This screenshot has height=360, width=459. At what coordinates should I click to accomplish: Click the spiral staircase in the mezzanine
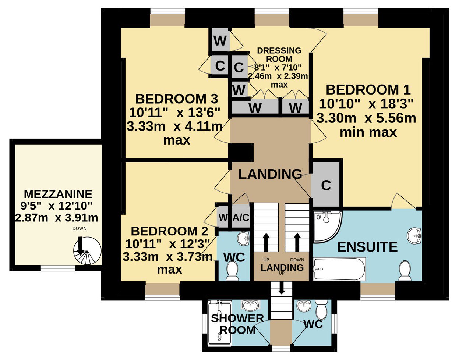point(87,251)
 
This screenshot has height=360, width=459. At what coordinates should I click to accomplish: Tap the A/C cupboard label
point(241,218)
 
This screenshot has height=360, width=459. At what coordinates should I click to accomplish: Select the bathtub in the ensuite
point(339,269)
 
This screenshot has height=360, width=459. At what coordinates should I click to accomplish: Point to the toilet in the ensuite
point(405,271)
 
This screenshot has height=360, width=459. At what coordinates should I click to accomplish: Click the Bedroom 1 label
point(368,90)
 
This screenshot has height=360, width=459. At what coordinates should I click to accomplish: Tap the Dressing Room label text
point(279,55)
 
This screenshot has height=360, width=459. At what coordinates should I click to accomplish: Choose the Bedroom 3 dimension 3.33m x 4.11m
point(174,126)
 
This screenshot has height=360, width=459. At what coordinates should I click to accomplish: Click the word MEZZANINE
point(58,194)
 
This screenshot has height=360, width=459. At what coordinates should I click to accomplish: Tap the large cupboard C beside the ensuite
point(326,185)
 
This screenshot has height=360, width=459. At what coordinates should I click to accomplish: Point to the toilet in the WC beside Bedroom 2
point(232,271)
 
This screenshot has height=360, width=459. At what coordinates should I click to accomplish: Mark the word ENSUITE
point(367,247)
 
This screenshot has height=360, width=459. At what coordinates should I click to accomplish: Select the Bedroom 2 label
point(170,231)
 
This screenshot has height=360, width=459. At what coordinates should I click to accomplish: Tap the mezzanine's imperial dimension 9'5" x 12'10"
point(57,206)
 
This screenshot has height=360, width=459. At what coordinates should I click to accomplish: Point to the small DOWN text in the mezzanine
point(80,228)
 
